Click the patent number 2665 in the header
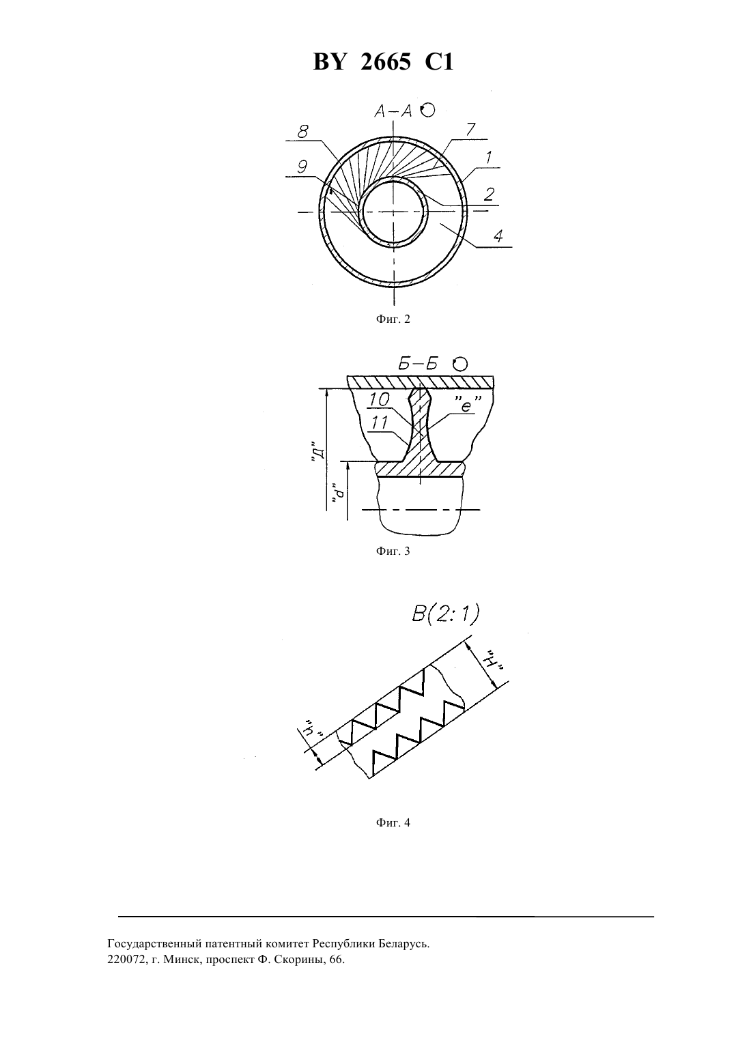386,62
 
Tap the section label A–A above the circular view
393,111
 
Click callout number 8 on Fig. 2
303,131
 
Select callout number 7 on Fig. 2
470,129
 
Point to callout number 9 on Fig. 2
302,167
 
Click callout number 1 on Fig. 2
489,157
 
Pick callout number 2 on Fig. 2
489,193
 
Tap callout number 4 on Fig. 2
498,235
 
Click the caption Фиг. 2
393,319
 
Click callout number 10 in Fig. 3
380,400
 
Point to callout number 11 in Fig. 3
380,422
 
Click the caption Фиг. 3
393,551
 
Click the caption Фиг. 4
393,822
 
